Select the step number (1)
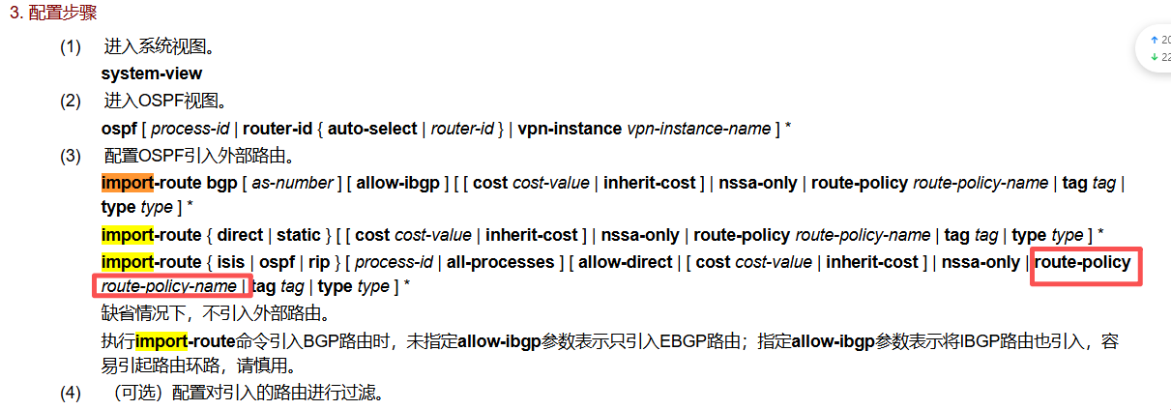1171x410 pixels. click(x=71, y=46)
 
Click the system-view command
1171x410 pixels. click(x=152, y=73)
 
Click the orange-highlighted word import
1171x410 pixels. click(x=127, y=183)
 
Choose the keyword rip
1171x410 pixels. click(x=319, y=262)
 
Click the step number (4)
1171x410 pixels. click(x=71, y=393)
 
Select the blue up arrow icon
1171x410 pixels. click(x=1154, y=40)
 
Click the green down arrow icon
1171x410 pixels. click(x=1154, y=57)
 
